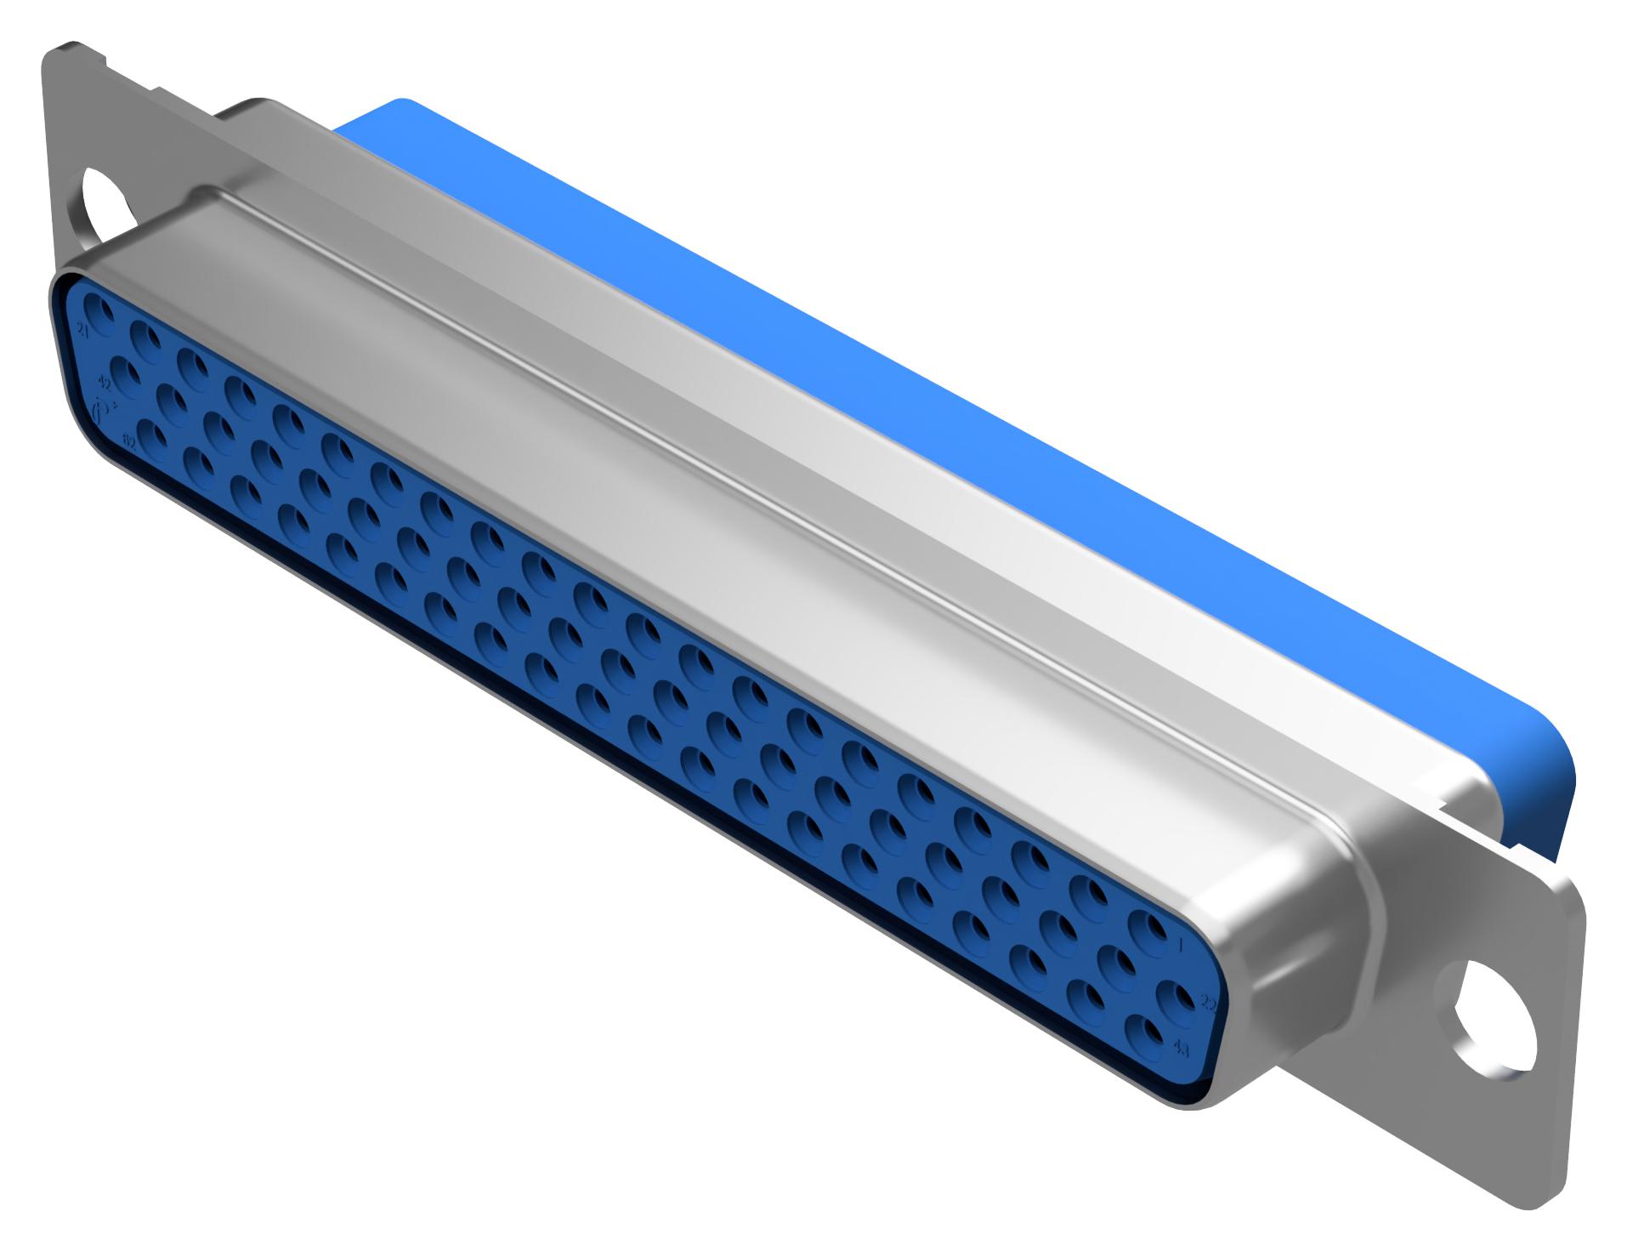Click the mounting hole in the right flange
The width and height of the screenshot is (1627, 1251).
point(1496,1015)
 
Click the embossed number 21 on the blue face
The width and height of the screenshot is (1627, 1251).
point(83,329)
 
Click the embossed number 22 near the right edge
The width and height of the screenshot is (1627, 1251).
point(1210,1004)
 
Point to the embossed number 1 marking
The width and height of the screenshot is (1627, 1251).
point(1182,944)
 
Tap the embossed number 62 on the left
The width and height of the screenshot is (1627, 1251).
point(129,443)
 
